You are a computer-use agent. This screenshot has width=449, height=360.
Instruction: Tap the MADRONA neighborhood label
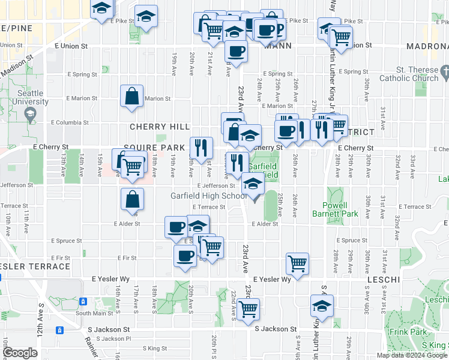(427, 46)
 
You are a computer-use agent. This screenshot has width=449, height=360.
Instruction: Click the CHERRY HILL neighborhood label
(160, 127)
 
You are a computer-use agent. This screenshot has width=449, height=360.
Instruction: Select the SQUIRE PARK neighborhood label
(154, 147)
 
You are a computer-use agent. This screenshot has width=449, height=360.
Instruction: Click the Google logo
(20, 353)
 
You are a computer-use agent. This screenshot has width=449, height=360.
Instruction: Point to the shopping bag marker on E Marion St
(131, 97)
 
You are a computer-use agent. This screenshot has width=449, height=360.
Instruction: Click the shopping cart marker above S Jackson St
(247, 310)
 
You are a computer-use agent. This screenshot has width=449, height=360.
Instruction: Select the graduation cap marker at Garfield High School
(253, 184)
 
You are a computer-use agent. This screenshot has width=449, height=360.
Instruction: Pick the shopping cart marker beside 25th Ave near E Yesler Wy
(297, 262)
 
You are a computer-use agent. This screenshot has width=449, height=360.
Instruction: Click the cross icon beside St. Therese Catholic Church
(444, 73)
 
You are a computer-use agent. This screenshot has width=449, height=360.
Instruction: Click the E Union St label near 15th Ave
(71, 46)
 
